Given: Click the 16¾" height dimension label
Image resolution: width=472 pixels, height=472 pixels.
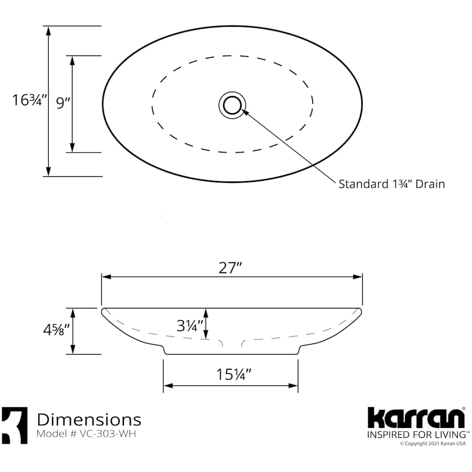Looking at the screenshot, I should [30, 100].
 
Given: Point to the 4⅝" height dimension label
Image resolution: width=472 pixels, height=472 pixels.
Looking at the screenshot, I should [56, 332].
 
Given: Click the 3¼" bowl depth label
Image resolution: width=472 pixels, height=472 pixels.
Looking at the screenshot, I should [189, 326].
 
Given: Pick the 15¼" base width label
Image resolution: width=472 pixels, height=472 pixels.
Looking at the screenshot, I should [234, 374].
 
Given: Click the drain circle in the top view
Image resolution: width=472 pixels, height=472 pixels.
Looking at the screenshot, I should [232, 104].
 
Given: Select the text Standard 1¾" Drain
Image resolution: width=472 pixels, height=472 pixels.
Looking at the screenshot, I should [391, 184].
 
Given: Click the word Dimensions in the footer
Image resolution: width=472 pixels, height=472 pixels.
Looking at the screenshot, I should [89, 420].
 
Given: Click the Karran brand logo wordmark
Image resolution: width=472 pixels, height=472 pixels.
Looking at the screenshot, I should [415, 418].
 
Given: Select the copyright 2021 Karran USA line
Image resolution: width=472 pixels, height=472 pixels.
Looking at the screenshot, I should [433, 444].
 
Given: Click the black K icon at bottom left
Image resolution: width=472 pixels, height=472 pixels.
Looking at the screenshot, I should [14, 425].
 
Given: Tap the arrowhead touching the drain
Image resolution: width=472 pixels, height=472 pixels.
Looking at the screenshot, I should [244, 111].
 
